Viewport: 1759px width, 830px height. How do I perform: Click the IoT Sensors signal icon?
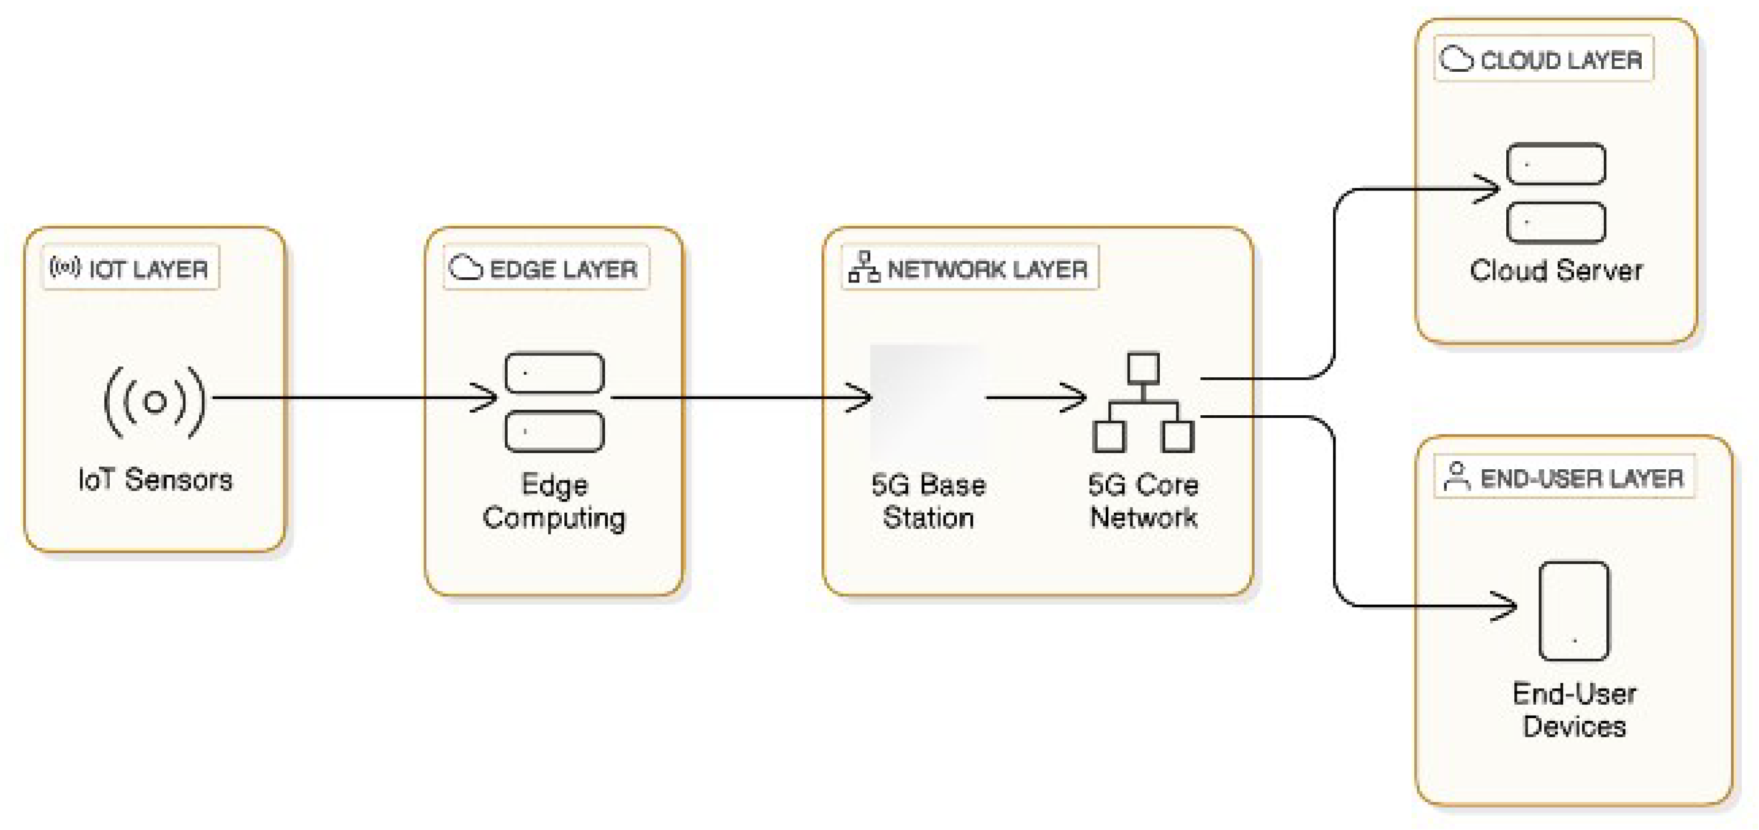pyautogui.click(x=155, y=401)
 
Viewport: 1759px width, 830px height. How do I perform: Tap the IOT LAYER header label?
pyautogui.click(x=131, y=268)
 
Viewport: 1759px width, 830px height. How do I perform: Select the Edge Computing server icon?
pyautogui.click(x=554, y=402)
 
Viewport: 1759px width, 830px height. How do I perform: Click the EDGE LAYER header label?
pyautogui.click(x=546, y=268)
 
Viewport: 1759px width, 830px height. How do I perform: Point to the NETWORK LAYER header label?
pyautogui.click(x=970, y=268)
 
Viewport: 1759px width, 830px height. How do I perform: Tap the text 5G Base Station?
pyautogui.click(x=928, y=501)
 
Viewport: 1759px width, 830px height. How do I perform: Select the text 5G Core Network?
pyautogui.click(x=1143, y=501)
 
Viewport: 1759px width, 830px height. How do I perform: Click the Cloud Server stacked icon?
pyautogui.click(x=1556, y=193)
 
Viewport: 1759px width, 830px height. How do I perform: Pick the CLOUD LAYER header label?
pyautogui.click(x=1543, y=59)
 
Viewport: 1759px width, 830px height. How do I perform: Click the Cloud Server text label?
pyautogui.click(x=1556, y=271)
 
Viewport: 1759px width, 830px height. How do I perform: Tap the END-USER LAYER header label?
pyautogui.click(x=1564, y=477)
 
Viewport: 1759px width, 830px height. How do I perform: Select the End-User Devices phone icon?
pyautogui.click(x=1574, y=611)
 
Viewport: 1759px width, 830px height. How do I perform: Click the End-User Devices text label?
pyautogui.click(x=1574, y=710)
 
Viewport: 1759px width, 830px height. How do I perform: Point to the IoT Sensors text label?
pyautogui.click(x=155, y=480)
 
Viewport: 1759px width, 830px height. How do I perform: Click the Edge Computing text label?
pyautogui.click(x=554, y=501)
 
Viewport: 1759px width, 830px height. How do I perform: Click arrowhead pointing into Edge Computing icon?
pyautogui.click(x=488, y=397)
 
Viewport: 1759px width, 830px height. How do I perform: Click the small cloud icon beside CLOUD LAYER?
pyautogui.click(x=1456, y=59)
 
